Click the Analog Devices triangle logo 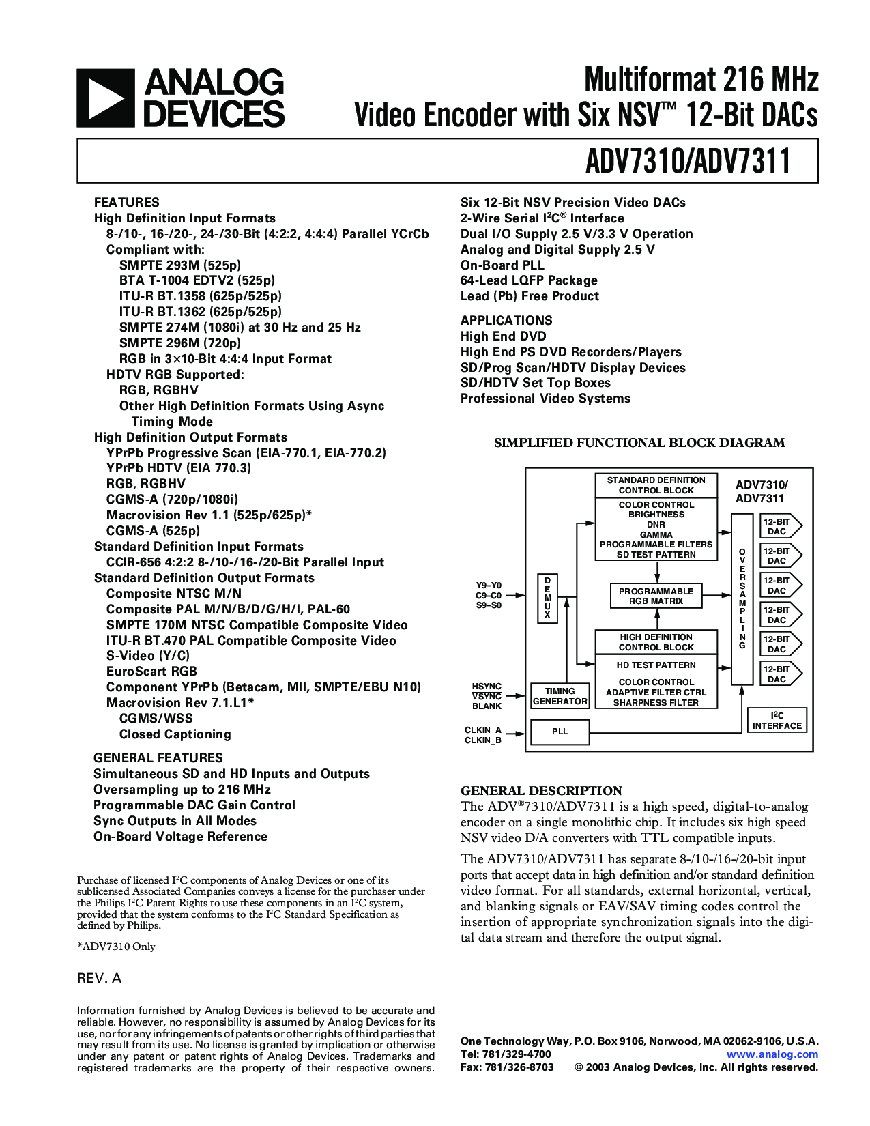[x=106, y=98]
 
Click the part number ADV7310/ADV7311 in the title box [x=688, y=161]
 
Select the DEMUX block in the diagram [x=547, y=598]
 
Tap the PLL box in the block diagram [x=560, y=732]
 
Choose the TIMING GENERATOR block [x=560, y=696]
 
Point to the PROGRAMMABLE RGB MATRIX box [x=656, y=596]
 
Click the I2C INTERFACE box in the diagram [x=777, y=720]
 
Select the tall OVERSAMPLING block [x=742, y=599]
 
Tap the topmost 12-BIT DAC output [x=781, y=526]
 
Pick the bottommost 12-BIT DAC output [x=781, y=674]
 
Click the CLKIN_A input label [x=483, y=730]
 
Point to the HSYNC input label [x=487, y=687]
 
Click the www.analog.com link [x=772, y=1054]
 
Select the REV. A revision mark [x=99, y=979]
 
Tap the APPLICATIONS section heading [x=506, y=320]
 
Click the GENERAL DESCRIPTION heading [x=542, y=791]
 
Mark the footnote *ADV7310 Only [x=116, y=947]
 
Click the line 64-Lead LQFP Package [x=529, y=280]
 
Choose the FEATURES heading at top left [x=126, y=202]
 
